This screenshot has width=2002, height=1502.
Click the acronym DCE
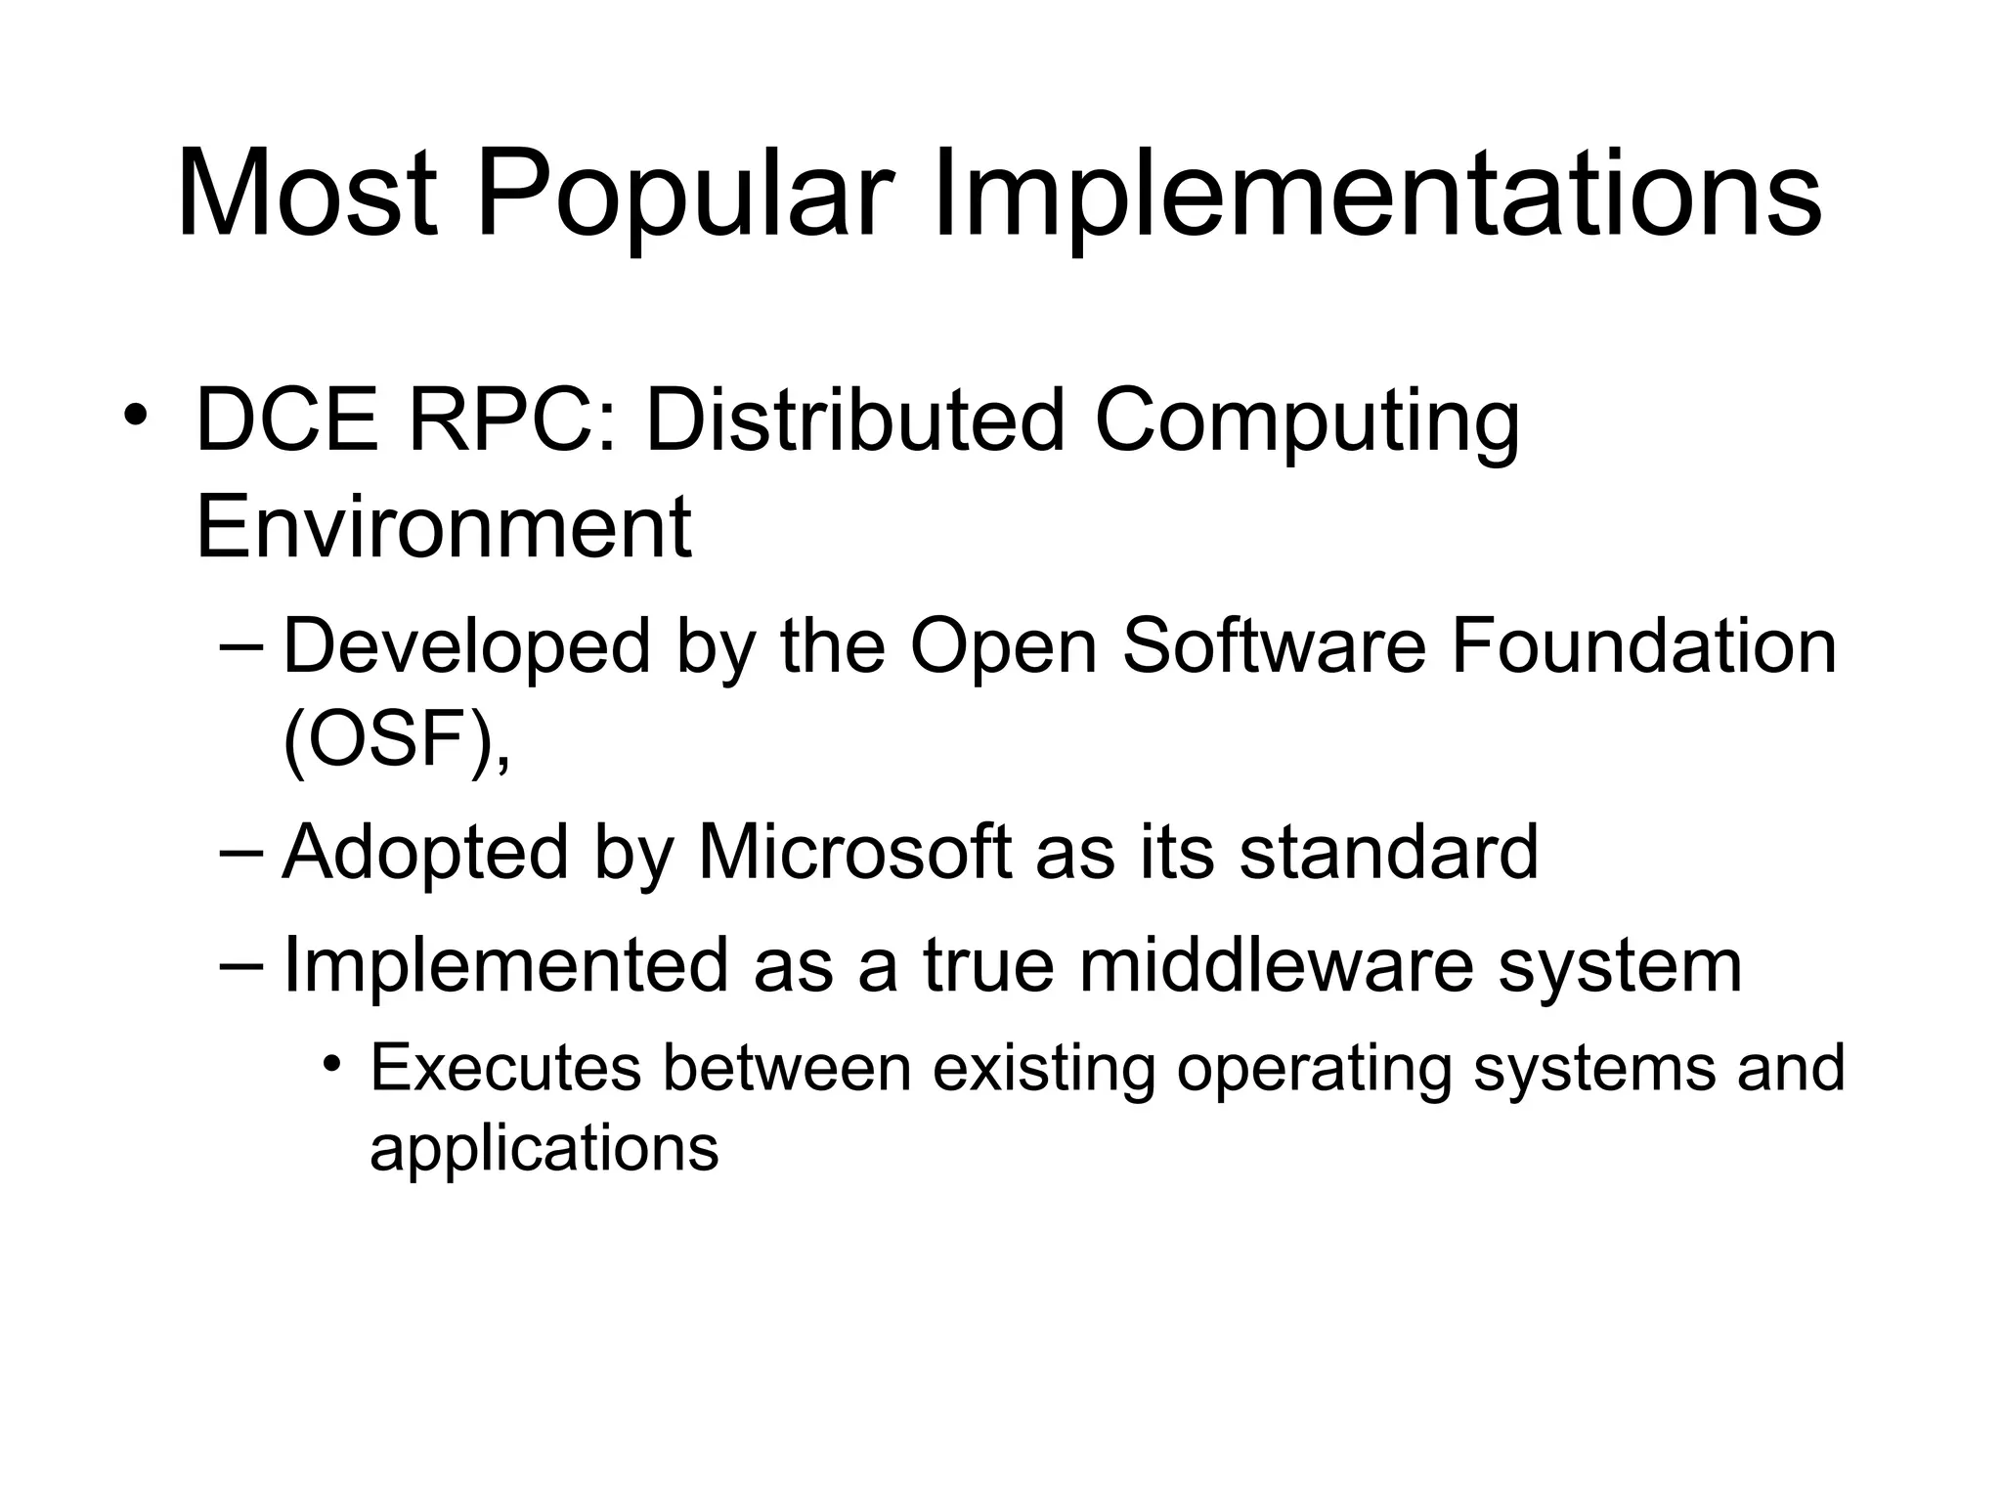click(286, 421)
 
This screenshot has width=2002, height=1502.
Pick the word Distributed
click(854, 421)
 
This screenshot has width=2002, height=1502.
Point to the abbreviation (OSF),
click(396, 740)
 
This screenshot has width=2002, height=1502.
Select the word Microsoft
click(854, 852)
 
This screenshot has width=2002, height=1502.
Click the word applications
click(544, 1148)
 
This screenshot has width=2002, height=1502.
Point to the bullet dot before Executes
click(332, 1063)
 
